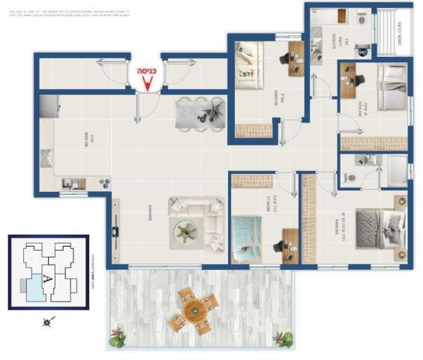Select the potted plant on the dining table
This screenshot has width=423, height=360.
[211, 112]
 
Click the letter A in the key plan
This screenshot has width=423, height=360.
[47, 277]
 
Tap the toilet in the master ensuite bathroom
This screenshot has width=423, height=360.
[351, 178]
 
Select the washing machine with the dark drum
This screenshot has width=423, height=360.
[362, 51]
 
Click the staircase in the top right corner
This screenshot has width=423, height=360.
[393, 30]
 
